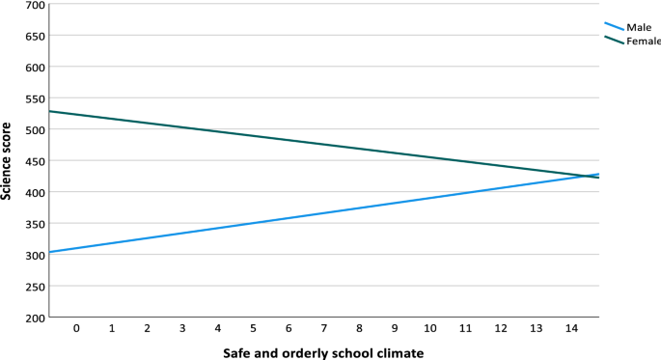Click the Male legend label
(x=639, y=28)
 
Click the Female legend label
(x=643, y=42)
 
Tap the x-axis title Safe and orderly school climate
(x=323, y=352)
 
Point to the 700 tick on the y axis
(x=35, y=5)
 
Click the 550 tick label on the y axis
(x=35, y=98)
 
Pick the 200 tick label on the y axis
(x=35, y=318)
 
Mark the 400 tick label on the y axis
(x=35, y=192)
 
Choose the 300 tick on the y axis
(x=35, y=255)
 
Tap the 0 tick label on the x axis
(x=76, y=329)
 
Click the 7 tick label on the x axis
(x=324, y=329)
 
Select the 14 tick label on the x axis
(x=571, y=329)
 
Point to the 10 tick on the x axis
(x=430, y=329)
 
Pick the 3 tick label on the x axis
(x=182, y=329)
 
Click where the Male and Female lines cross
(x=588, y=176)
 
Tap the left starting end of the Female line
(x=49, y=111)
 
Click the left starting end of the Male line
(x=49, y=252)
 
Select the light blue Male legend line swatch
(x=614, y=26)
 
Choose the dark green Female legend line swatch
(x=614, y=40)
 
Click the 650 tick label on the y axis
(x=35, y=36)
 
